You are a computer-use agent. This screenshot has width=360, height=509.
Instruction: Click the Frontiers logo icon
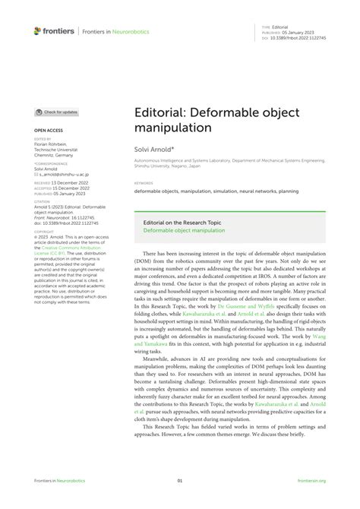coord(38,31)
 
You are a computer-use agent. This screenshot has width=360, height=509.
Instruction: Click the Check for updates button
coord(57,112)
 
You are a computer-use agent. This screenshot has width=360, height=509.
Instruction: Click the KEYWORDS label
coord(143,183)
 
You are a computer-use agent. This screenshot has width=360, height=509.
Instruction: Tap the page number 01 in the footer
coord(180,480)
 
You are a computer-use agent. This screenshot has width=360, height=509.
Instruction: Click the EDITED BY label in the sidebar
coord(43,139)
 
